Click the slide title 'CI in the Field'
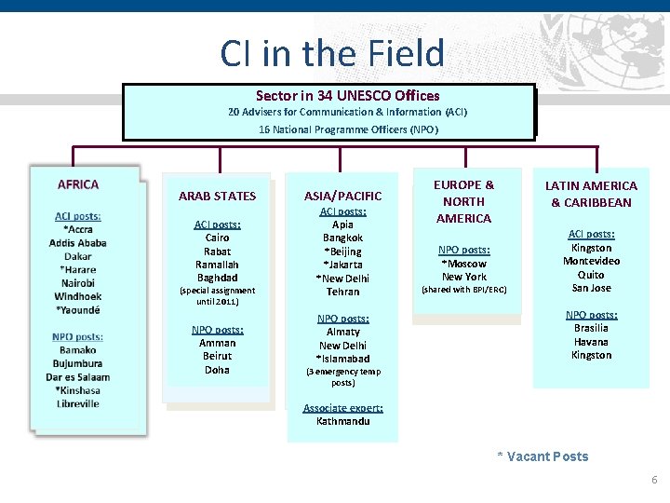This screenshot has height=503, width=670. pyautogui.click(x=332, y=53)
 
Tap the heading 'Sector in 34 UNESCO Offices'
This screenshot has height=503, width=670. pyautogui.click(x=347, y=96)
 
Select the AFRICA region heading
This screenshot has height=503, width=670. pyautogui.click(x=78, y=184)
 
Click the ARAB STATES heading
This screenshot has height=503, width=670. pyautogui.click(x=217, y=196)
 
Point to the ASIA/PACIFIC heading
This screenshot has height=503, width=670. pyautogui.click(x=342, y=196)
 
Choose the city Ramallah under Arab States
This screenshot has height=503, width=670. pyautogui.click(x=217, y=265)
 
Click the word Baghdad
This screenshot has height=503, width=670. pyautogui.click(x=217, y=278)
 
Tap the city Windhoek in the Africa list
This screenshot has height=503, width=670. pyautogui.click(x=78, y=296)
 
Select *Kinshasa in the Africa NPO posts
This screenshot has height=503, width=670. pyautogui.click(x=78, y=390)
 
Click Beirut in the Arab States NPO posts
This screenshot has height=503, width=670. pyautogui.click(x=217, y=356)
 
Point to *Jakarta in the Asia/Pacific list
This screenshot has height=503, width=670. pyautogui.click(x=342, y=265)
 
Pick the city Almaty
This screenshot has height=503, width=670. pyautogui.click(x=342, y=332)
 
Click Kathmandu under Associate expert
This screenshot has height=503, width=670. pyautogui.click(x=342, y=421)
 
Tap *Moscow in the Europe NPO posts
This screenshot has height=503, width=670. pyautogui.click(x=463, y=264)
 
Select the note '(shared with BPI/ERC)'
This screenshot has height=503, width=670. pyautogui.click(x=463, y=290)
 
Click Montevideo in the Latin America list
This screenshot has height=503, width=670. pyautogui.click(x=591, y=261)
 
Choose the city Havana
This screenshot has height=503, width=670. pyautogui.click(x=591, y=341)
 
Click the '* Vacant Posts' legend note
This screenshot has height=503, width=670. pyautogui.click(x=543, y=456)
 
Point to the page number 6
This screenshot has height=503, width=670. pyautogui.click(x=653, y=481)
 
